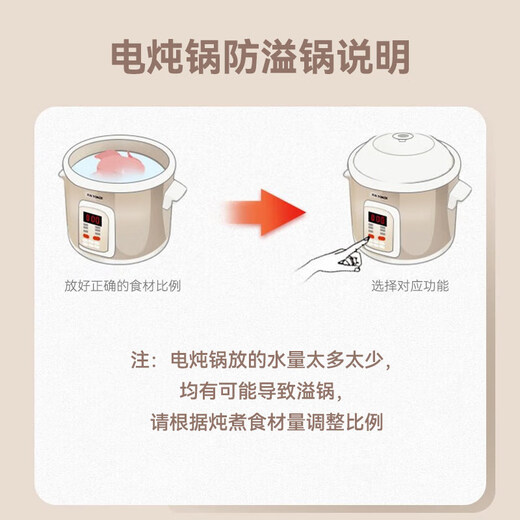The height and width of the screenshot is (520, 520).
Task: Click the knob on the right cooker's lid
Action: point(402,137)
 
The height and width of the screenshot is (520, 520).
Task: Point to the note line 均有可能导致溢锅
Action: point(259,390)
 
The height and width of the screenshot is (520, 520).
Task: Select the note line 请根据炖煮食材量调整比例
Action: point(259,421)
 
